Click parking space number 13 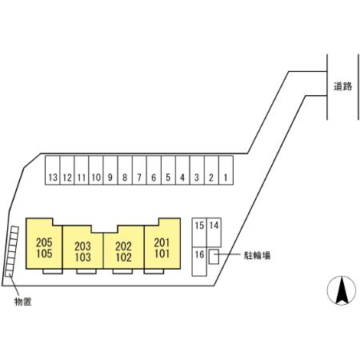(53, 170)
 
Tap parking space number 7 (139, 170)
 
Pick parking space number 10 (96, 170)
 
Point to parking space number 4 (182, 170)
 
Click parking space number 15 (199, 233)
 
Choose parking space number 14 (214, 233)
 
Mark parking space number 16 (199, 262)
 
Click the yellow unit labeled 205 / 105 (44, 248)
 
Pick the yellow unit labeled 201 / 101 (162, 248)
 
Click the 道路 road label (342, 86)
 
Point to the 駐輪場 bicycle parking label (257, 255)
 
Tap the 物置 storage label (23, 302)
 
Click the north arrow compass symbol (342, 290)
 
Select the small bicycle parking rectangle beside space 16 (214, 257)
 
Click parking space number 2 (211, 170)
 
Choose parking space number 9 (110, 170)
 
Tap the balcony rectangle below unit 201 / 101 (154, 271)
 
